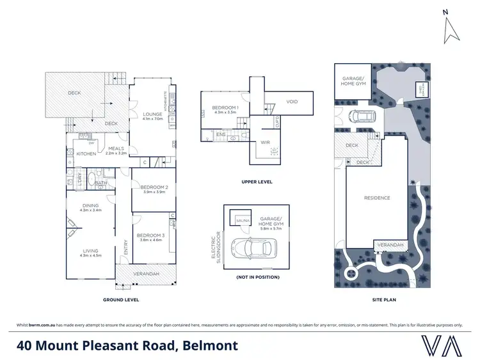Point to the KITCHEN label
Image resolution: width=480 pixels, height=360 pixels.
86,154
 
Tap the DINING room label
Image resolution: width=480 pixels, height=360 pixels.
90,205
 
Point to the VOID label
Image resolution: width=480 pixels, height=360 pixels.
292,102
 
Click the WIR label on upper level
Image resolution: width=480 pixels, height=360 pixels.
264,143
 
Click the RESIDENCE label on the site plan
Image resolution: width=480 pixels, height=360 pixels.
377,198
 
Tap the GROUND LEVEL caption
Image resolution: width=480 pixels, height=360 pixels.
121,299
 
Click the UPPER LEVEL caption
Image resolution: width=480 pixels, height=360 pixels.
257,182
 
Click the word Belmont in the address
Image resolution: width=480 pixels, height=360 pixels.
211,346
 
